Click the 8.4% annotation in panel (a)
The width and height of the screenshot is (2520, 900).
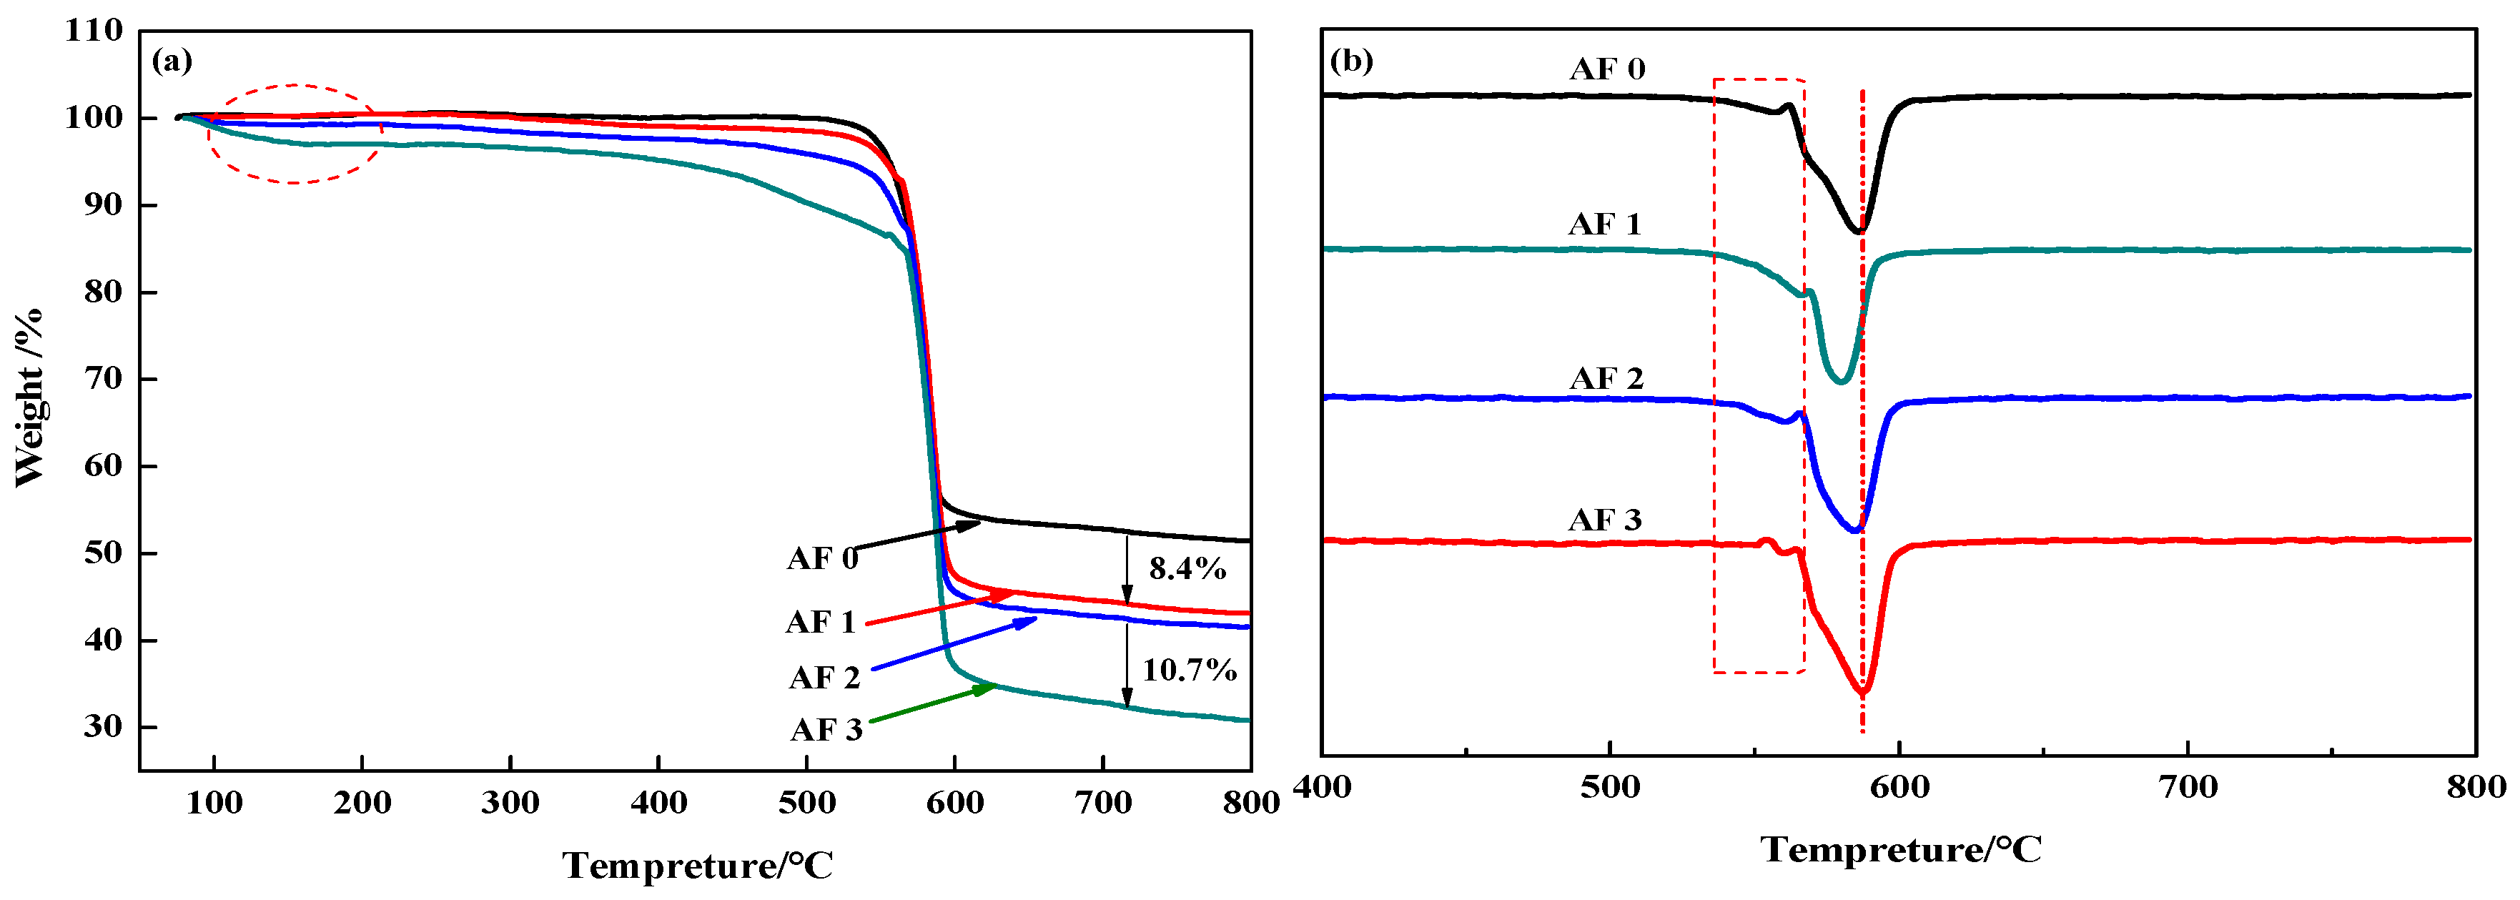tap(1187, 568)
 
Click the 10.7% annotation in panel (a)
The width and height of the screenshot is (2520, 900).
tap(1189, 670)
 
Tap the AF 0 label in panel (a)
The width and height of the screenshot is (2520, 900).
tap(821, 558)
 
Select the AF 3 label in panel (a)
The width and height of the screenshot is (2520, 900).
tap(826, 730)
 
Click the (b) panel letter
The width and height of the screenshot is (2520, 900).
tap(1352, 61)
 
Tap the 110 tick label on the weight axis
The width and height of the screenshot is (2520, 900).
tap(94, 30)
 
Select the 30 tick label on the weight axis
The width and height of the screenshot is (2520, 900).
tap(103, 727)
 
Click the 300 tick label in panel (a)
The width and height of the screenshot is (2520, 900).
tap(510, 804)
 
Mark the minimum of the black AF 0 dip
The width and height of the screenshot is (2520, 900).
tap(1859, 231)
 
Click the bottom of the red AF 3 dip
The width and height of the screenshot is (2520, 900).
tap(1862, 693)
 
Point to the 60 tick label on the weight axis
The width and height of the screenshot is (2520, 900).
tap(103, 465)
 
